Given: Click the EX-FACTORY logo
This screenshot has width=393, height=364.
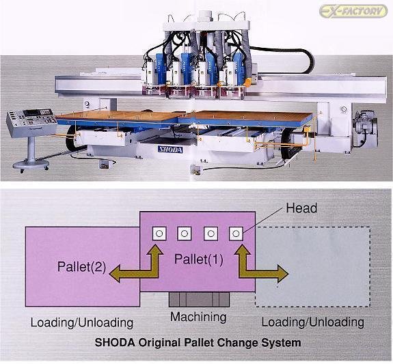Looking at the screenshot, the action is click(353, 11).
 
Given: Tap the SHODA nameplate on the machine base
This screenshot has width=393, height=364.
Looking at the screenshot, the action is click(170, 150).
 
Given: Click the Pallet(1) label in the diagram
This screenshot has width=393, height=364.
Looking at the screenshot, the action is click(198, 260).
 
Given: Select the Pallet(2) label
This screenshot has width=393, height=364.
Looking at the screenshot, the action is click(82, 266).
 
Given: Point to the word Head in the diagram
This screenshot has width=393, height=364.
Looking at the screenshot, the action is click(301, 208).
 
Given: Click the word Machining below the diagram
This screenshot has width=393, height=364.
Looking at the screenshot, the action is click(198, 317).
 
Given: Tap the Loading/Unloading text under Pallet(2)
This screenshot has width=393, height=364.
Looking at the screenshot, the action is click(82, 322).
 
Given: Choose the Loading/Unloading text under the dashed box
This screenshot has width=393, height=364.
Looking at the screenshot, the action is click(313, 322).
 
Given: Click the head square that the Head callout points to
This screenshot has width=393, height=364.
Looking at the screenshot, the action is click(236, 234).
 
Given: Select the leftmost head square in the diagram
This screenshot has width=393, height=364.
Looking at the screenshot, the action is click(159, 234).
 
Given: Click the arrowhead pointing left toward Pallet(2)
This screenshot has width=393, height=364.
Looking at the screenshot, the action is click(115, 274).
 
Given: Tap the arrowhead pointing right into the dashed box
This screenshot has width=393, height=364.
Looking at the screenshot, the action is click(283, 274).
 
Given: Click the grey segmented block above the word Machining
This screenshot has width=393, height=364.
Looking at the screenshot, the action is click(200, 299).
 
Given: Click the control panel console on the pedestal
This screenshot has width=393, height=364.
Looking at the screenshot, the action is click(31, 122).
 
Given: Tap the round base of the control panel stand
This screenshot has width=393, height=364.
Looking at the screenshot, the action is click(31, 165).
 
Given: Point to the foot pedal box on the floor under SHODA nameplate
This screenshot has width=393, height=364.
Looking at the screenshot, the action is click(105, 164).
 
